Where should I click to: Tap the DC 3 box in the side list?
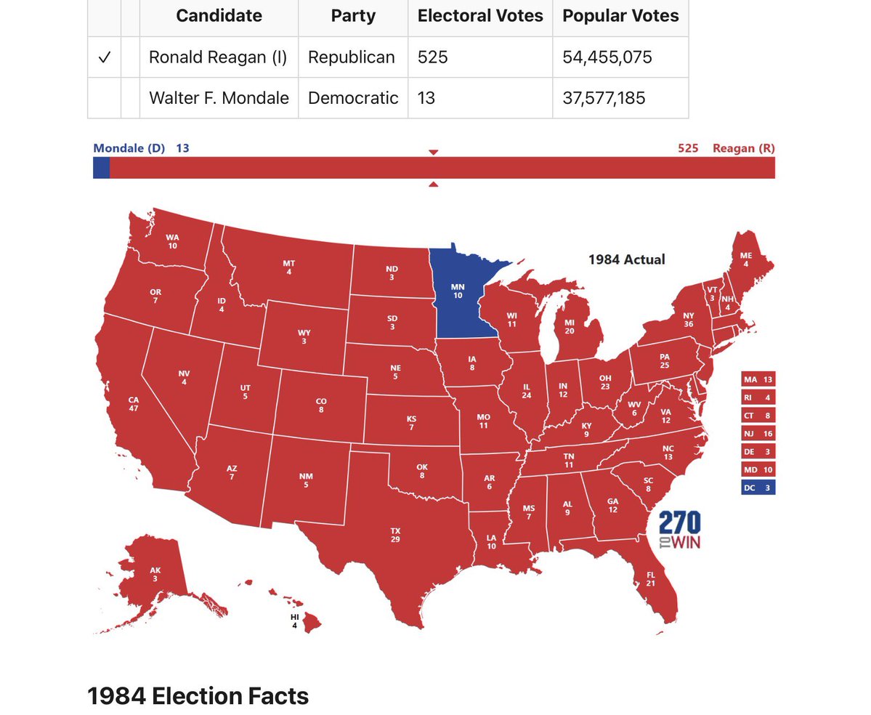pos(758,488)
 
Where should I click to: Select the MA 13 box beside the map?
pos(758,379)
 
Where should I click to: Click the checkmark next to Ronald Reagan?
pos(104,57)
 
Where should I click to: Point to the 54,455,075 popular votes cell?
pos(607,57)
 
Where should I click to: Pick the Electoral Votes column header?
pos(480,16)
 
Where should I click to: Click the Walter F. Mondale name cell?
pos(219,98)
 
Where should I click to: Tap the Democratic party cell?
pos(353,98)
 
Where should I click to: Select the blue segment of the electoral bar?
pos(101,168)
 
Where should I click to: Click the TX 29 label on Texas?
pos(395,536)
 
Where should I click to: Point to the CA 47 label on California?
pos(134,404)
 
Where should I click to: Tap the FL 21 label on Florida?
pos(650,578)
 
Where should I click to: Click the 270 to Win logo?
pos(679,530)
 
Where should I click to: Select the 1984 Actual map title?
pos(626,259)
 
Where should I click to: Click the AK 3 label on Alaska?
pos(155,575)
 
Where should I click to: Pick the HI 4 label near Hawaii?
pos(294,621)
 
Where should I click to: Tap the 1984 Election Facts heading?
pos(198,695)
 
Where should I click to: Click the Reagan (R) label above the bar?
pos(743,148)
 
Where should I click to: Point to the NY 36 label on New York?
pos(689,320)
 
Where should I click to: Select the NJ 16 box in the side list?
pos(758,433)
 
